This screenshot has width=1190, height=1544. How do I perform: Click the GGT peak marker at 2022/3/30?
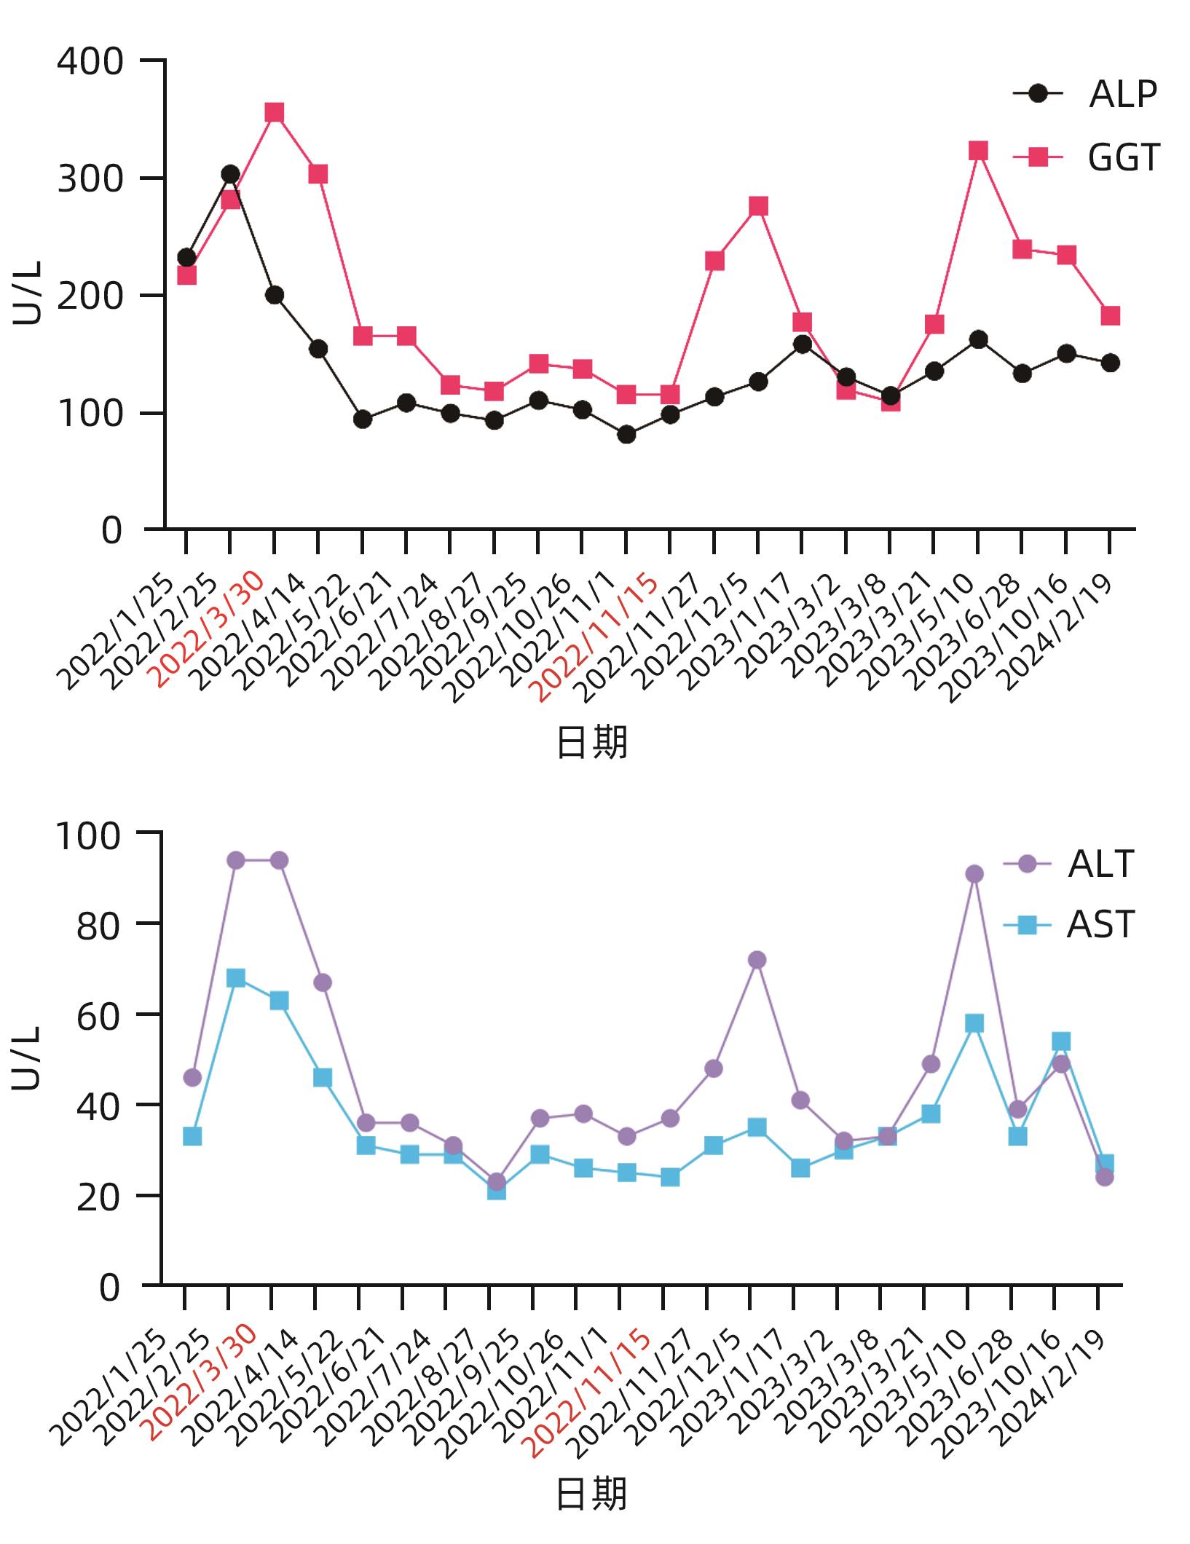pyautogui.click(x=275, y=112)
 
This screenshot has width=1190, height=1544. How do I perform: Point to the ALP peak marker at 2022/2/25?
pyautogui.click(x=230, y=174)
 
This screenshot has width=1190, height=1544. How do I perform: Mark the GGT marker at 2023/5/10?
pyautogui.click(x=978, y=151)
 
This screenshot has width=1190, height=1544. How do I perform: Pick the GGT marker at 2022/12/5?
pyautogui.click(x=758, y=206)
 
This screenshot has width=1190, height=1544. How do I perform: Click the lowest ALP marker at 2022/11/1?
pyautogui.click(x=626, y=435)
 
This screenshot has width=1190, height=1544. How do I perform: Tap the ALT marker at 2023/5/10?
pyautogui.click(x=974, y=874)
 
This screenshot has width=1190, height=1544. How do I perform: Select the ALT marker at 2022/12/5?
pyautogui.click(x=757, y=960)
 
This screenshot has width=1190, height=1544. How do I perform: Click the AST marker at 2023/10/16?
pyautogui.click(x=1061, y=1041)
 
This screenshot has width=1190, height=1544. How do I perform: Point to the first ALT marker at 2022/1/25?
pyautogui.click(x=192, y=1077)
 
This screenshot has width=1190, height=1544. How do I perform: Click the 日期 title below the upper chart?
pyautogui.click(x=591, y=744)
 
